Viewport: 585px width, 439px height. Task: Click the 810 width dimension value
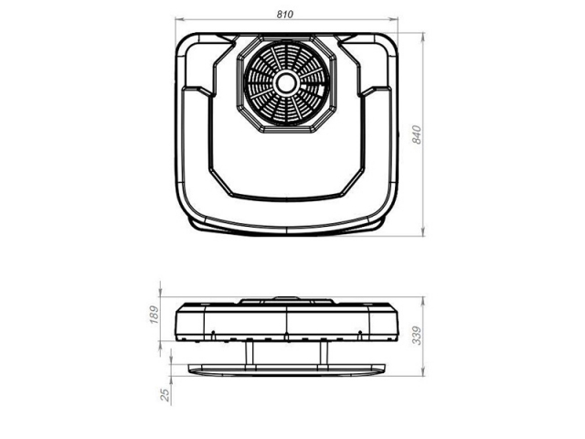point(285,15)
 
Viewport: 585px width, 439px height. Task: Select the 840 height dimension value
point(417,134)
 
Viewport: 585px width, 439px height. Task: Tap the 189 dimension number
point(154,315)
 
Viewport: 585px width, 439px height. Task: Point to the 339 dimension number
point(417,336)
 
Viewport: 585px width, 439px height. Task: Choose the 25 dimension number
point(165,395)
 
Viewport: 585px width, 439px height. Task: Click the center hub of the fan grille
point(286,83)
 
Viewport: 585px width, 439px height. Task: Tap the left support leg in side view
point(250,353)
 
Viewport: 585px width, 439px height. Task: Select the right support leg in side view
point(324,353)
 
